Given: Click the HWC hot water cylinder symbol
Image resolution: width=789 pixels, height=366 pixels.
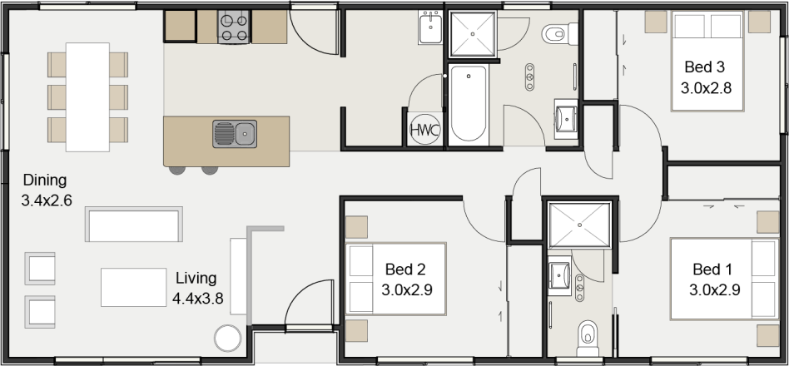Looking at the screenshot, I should [425, 131].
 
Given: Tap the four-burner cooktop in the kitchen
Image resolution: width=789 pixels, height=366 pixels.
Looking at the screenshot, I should [234, 27].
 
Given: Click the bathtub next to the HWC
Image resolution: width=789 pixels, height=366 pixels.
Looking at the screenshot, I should [469, 104].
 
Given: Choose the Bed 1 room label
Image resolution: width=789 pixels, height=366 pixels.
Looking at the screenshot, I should [713, 269].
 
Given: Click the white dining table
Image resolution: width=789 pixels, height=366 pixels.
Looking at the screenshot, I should [87, 97].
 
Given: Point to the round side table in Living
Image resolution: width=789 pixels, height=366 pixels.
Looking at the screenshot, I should [226, 338].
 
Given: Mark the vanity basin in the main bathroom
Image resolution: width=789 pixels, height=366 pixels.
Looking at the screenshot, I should [567, 116].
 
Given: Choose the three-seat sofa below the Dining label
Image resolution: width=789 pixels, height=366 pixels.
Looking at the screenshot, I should [134, 225].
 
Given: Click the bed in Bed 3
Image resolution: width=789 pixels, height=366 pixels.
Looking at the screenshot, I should [721, 62].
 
